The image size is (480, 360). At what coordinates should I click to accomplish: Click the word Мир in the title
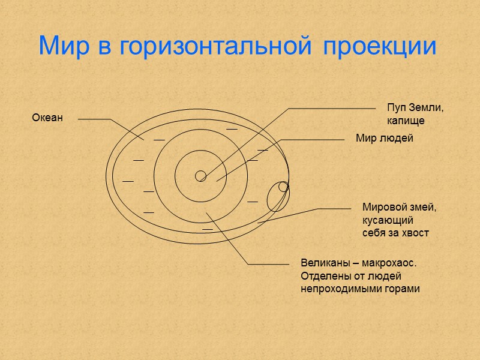pos(61,46)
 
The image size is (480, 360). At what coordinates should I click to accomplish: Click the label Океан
pos(47,118)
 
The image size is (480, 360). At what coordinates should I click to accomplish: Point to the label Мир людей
pos(385,139)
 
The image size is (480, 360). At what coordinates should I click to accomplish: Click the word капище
pos(406,121)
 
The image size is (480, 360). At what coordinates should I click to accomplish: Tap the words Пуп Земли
pos(415,108)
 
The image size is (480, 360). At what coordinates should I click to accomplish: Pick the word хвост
pos(415,233)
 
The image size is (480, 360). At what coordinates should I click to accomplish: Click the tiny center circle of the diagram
pos(201,176)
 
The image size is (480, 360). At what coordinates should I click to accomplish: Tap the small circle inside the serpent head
pos(284,187)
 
